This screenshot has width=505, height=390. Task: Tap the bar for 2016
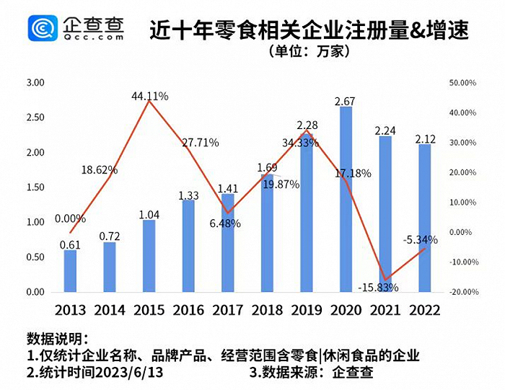point(188,246)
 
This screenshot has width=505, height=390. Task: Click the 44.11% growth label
point(150,95)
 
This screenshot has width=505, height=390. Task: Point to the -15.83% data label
point(378,288)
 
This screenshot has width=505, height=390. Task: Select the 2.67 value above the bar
point(346,100)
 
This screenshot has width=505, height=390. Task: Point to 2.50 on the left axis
point(35,118)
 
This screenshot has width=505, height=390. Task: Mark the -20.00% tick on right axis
point(462,292)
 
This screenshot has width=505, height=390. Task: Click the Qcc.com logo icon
point(43,28)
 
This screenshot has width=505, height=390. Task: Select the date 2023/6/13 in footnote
point(130,373)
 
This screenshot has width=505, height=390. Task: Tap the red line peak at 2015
point(149,102)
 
